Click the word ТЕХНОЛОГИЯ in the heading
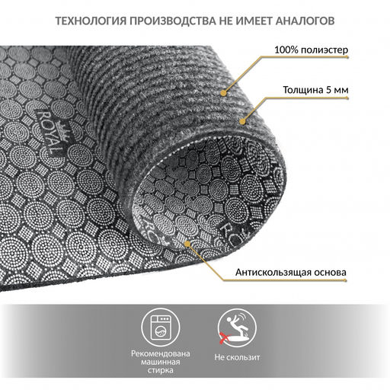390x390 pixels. pyautogui.click(x=91, y=21)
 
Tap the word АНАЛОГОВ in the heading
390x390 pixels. pyautogui.click(x=305, y=21)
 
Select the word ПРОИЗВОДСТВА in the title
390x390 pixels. pyautogui.click(x=173, y=21)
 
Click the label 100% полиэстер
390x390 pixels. pyautogui.click(x=311, y=50)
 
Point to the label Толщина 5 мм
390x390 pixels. pyautogui.click(x=315, y=90)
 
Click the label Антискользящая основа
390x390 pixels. pyautogui.click(x=291, y=273)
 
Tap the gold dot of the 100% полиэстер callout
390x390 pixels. pyautogui.click(x=223, y=93)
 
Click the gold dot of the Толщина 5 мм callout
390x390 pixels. pyautogui.click(x=243, y=121)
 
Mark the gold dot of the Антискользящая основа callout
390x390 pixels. pyautogui.click(x=187, y=245)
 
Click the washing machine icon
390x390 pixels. pyautogui.click(x=161, y=328)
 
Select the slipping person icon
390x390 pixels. pyautogui.click(x=237, y=328)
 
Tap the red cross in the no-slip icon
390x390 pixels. pyautogui.click(x=224, y=337)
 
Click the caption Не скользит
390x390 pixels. pyautogui.click(x=237, y=357)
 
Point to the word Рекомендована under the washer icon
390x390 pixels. pyautogui.click(x=161, y=353)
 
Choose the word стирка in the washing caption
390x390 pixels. pyautogui.click(x=161, y=370)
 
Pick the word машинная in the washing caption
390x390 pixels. pyautogui.click(x=161, y=362)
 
